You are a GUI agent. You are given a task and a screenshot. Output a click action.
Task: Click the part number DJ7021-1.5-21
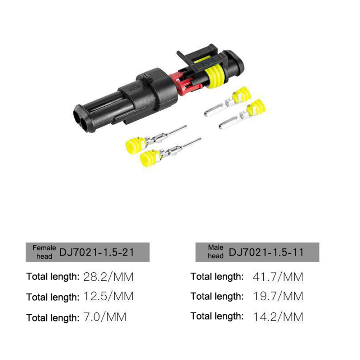(97, 252)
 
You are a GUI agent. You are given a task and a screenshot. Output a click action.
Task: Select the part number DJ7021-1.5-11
(266, 252)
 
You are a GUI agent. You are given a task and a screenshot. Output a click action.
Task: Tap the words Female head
(44, 252)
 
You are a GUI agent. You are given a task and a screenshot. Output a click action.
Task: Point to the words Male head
(216, 251)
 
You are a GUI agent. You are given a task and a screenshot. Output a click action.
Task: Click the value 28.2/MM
(109, 277)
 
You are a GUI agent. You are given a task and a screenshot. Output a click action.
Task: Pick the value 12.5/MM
(109, 296)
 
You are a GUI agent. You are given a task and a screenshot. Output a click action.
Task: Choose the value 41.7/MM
(278, 277)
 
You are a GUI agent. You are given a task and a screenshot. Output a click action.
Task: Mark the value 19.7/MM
(278, 296)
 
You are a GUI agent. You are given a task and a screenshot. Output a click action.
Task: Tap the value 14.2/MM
(278, 317)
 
